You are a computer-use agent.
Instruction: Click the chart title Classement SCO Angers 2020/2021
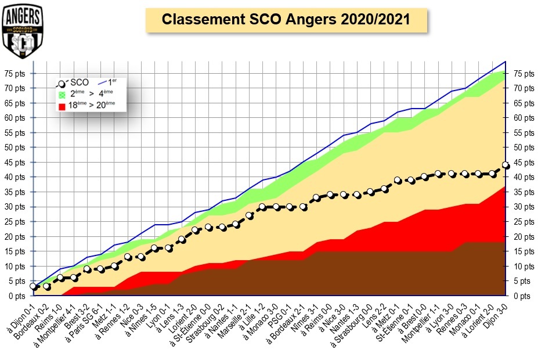[286, 19]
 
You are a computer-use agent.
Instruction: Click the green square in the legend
[62, 94]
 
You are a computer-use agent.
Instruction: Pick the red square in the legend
[62, 106]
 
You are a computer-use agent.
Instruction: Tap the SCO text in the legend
[78, 82]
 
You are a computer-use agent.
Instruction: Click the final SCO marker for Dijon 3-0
[505, 165]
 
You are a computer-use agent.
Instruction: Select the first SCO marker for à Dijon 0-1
[33, 287]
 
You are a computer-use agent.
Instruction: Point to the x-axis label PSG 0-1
[277, 313]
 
